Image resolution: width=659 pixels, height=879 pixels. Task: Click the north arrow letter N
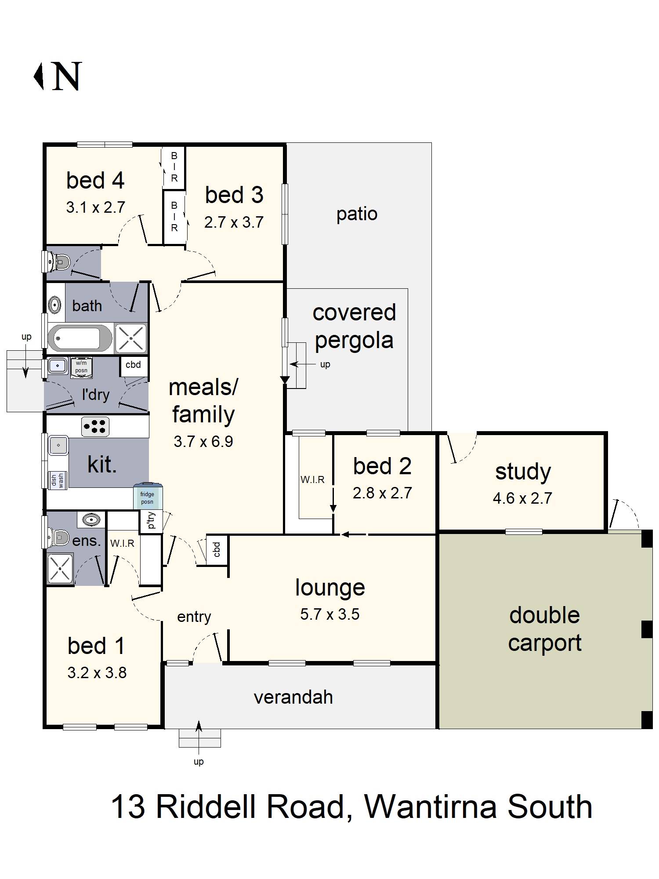[x=67, y=76]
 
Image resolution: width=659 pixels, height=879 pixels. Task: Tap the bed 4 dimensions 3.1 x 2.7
[x=96, y=207]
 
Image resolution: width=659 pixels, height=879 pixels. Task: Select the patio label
[x=357, y=214]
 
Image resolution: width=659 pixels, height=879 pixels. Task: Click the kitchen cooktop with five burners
[x=95, y=426]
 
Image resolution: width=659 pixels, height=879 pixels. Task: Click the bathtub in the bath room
[x=80, y=338]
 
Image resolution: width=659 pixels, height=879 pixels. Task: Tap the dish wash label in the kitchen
[x=58, y=480]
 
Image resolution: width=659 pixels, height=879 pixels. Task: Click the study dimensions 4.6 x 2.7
[x=522, y=498]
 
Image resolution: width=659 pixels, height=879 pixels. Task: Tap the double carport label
[x=545, y=629]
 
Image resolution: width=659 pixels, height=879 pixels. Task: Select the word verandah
[x=293, y=697]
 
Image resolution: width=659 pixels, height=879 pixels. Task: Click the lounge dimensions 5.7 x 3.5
[x=330, y=614]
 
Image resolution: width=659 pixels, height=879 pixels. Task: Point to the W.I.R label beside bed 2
[x=312, y=479]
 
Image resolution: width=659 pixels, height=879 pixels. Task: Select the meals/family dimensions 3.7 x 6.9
[x=203, y=442]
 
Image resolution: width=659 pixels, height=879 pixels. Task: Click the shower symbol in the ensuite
[x=60, y=568]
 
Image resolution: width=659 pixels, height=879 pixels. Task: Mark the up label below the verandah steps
[x=199, y=762]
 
